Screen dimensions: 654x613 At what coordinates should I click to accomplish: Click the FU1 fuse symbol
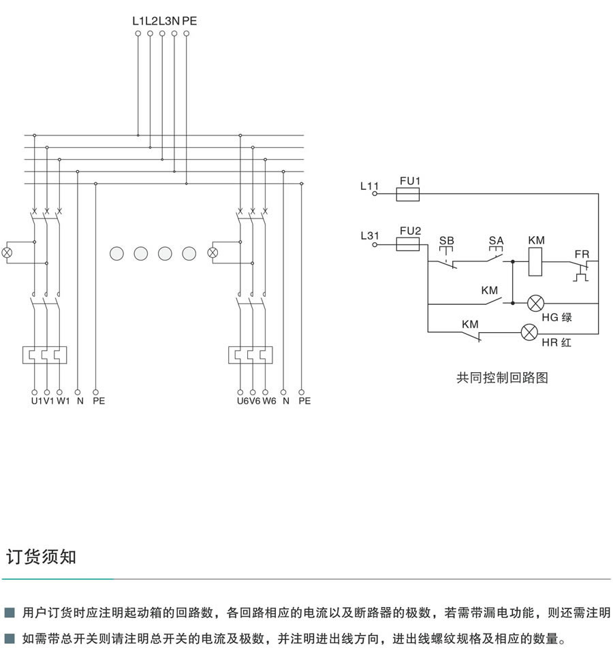click(x=408, y=195)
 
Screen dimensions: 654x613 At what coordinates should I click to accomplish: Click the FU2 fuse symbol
click(x=408, y=245)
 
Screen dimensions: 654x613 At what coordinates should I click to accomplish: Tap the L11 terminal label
click(x=369, y=185)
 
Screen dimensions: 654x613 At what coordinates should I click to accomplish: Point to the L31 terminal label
click(x=369, y=236)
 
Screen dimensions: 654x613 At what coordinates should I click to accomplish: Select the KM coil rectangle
click(x=535, y=262)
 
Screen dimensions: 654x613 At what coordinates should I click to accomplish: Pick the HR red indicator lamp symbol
click(x=529, y=333)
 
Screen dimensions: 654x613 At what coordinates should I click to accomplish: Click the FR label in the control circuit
click(x=581, y=254)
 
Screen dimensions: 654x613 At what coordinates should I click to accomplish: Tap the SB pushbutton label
click(x=446, y=240)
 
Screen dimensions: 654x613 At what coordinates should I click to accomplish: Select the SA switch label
click(x=496, y=240)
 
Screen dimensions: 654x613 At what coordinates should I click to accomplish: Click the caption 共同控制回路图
click(x=502, y=378)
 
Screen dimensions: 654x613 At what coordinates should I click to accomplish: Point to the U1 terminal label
click(x=36, y=402)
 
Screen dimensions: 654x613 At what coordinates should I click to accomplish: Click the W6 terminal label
click(x=269, y=402)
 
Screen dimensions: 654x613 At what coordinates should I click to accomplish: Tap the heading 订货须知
click(x=41, y=557)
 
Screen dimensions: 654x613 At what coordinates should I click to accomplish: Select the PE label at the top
click(x=189, y=21)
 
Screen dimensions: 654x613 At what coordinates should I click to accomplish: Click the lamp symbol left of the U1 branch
click(x=7, y=252)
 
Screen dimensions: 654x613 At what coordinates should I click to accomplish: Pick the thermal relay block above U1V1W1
click(x=44, y=355)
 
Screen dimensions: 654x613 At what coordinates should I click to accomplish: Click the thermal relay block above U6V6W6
click(x=251, y=355)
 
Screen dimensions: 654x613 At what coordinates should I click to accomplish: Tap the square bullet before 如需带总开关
click(x=10, y=640)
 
